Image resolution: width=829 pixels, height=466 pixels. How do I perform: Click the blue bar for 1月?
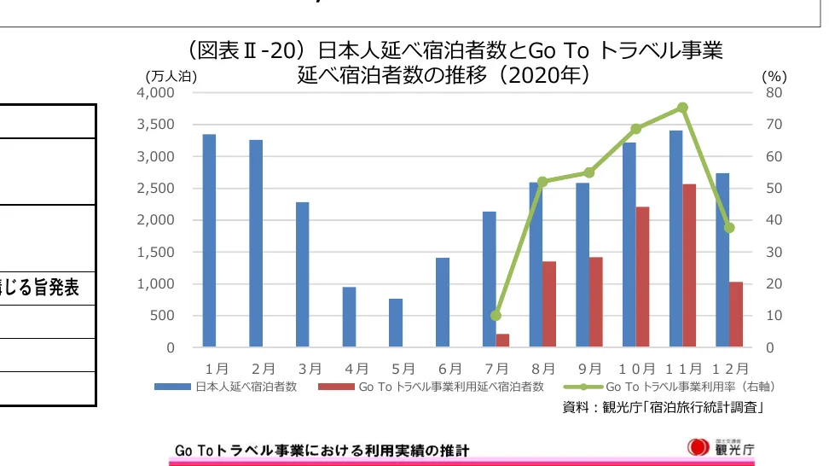click(x=209, y=241)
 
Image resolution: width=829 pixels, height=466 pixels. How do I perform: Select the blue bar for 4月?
click(x=349, y=317)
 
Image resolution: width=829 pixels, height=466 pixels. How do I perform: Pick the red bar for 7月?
click(x=502, y=341)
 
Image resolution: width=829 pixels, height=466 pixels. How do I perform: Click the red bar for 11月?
click(x=689, y=265)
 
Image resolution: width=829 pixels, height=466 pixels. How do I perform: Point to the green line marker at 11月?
click(x=682, y=108)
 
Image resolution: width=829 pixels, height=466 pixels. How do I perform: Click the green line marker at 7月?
click(x=496, y=315)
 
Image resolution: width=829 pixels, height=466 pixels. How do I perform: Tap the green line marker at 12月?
click(x=729, y=228)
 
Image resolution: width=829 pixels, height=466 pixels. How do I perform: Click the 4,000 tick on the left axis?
click(x=157, y=92)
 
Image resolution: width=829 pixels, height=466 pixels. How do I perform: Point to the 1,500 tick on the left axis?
click(x=157, y=252)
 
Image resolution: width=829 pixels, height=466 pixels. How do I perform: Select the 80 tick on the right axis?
click(x=771, y=92)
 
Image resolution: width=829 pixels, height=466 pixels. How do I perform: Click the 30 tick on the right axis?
click(x=771, y=252)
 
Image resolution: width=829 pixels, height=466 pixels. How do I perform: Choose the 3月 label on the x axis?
click(x=310, y=369)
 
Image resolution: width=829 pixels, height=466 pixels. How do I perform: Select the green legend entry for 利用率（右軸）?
click(x=682, y=387)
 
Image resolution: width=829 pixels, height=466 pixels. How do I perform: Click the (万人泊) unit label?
click(x=171, y=76)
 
